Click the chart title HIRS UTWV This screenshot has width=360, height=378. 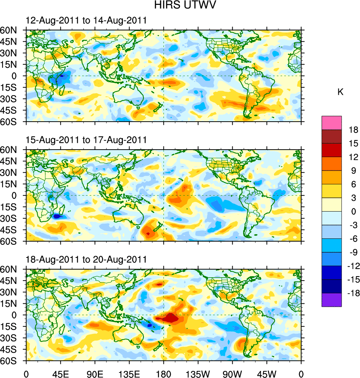pos(180,6)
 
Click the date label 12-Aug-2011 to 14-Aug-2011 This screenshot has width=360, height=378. pos(86,21)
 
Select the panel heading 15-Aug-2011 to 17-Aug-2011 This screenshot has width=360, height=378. pos(86,140)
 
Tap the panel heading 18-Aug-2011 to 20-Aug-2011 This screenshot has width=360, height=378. pos(86,259)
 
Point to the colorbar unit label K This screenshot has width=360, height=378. pos(340,92)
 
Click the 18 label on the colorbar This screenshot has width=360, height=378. pos(354,130)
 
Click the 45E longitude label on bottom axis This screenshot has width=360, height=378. pos(60,373)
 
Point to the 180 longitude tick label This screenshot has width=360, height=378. pos(164,373)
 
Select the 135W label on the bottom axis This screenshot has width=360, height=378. pos(198,373)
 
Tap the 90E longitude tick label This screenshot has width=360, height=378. pos(95,373)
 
